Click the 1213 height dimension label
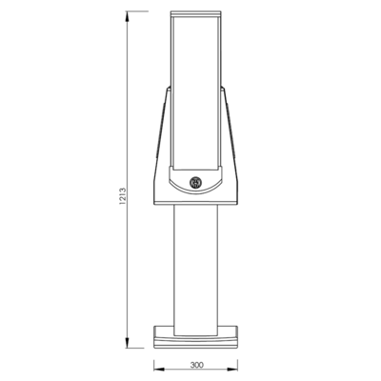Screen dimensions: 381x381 [123, 196]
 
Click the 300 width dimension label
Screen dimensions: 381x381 [197, 365]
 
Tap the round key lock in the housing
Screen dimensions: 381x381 [195, 183]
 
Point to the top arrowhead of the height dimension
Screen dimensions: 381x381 [128, 17]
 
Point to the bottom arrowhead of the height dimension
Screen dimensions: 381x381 [128, 342]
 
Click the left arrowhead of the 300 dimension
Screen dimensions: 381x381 [159, 370]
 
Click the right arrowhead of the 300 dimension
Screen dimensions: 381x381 [232, 370]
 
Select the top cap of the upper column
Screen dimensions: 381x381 [195, 14]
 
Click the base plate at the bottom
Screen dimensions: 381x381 [196, 337]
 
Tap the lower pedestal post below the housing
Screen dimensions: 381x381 [196, 270]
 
